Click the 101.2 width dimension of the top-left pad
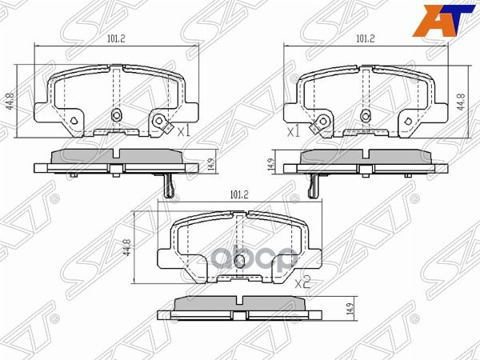[117, 37]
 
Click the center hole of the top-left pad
[117, 114]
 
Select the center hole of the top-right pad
[365, 114]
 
